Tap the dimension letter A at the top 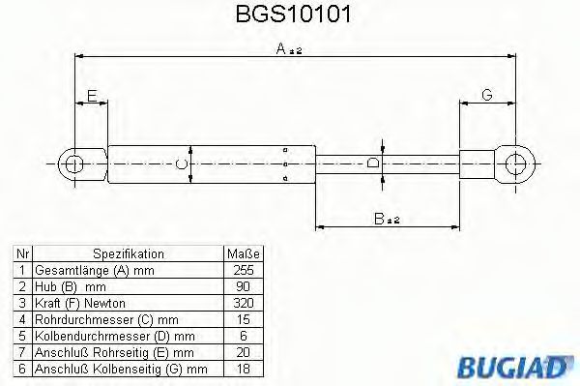[281, 50]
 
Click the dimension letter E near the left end [91, 95]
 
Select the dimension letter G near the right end [486, 95]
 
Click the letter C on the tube [181, 164]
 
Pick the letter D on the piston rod [374, 164]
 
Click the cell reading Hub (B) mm [70, 286]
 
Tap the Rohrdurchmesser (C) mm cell [106, 318]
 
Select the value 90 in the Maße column [246, 286]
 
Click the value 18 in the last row [246, 367]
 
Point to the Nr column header [21, 253]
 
